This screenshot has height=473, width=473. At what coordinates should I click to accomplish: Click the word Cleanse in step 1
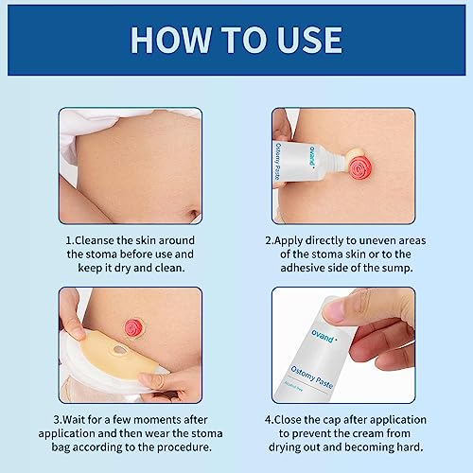[105, 239]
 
